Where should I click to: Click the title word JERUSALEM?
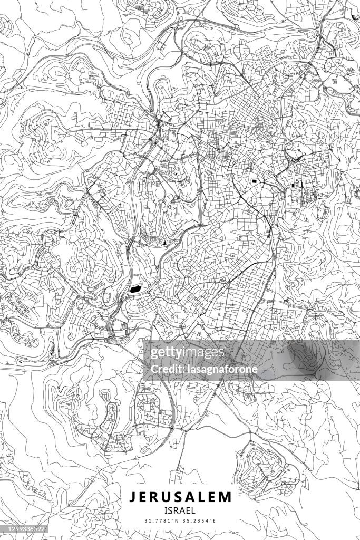click(x=180, y=497)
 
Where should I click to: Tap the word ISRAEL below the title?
click(x=180, y=510)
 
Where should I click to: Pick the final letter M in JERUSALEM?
click(x=226, y=497)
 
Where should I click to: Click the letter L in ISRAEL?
click(x=193, y=510)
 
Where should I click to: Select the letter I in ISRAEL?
click(x=166, y=510)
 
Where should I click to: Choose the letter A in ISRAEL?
click(x=182, y=510)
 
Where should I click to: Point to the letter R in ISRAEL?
click(x=176, y=510)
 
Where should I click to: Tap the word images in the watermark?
click(x=202, y=352)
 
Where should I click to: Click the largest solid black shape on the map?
click(x=134, y=288)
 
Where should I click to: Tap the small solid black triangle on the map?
click(x=166, y=243)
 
